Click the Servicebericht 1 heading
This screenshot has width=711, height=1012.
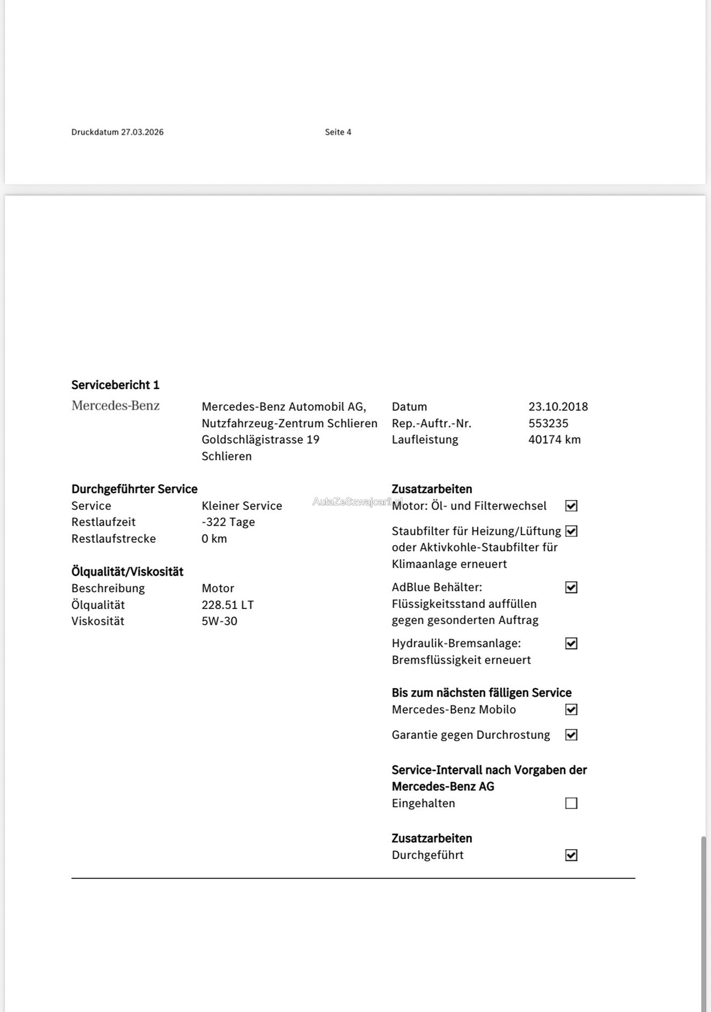point(115,385)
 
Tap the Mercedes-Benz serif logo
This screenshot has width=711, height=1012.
point(115,406)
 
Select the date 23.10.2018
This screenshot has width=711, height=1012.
point(558,407)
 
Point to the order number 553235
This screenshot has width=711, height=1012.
point(548,423)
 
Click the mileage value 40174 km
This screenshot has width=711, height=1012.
point(554,440)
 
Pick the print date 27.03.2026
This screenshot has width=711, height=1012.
point(142,132)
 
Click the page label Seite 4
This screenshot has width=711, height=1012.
point(338,132)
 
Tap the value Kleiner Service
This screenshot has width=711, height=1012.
point(242,505)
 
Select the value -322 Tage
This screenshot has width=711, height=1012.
point(228,522)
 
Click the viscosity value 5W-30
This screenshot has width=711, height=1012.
point(219,621)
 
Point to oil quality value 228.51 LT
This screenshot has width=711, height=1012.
point(228,605)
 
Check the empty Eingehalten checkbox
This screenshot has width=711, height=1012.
point(571,803)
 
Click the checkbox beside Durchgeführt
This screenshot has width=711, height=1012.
point(571,855)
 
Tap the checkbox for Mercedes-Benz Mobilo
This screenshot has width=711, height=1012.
point(571,709)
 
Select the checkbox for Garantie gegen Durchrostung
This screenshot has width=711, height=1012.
point(571,735)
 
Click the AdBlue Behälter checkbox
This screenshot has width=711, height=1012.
point(571,587)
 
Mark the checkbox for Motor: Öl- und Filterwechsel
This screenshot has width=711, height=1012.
point(571,505)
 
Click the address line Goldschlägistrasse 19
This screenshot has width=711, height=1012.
point(260,440)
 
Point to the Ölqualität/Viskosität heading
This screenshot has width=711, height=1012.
point(127,572)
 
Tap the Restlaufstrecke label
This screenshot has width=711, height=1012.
point(113,539)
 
